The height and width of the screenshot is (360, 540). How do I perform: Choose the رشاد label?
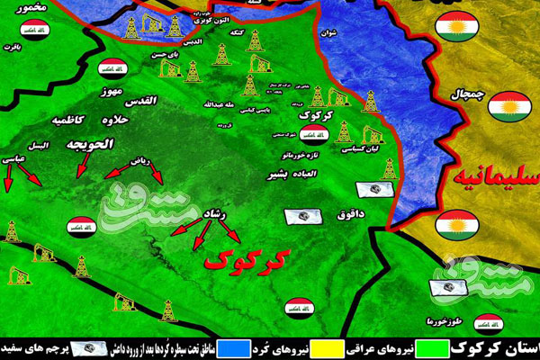[220, 212]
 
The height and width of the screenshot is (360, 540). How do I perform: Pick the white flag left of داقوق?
[301, 216]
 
